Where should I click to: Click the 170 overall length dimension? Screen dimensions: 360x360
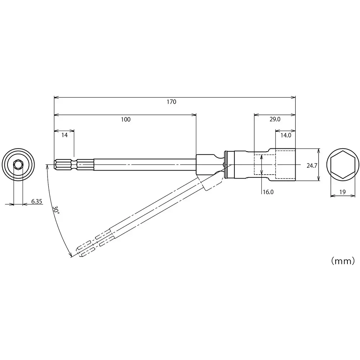click(x=171, y=102)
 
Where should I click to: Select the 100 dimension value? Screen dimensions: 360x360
click(x=126, y=120)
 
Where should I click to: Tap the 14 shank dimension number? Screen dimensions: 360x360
click(x=64, y=135)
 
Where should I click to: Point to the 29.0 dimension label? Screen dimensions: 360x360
click(x=275, y=120)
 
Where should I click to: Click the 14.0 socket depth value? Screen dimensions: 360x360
click(x=285, y=135)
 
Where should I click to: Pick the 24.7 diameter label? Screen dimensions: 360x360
click(x=312, y=166)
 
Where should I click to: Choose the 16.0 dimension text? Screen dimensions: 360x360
click(x=268, y=192)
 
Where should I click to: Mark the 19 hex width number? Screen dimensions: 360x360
click(x=342, y=192)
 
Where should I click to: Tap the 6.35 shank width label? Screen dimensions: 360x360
click(x=37, y=202)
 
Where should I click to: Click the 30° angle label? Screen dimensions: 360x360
click(x=56, y=211)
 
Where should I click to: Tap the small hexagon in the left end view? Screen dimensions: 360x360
click(x=18, y=165)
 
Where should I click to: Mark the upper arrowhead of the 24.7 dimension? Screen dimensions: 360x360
click(x=319, y=150)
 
